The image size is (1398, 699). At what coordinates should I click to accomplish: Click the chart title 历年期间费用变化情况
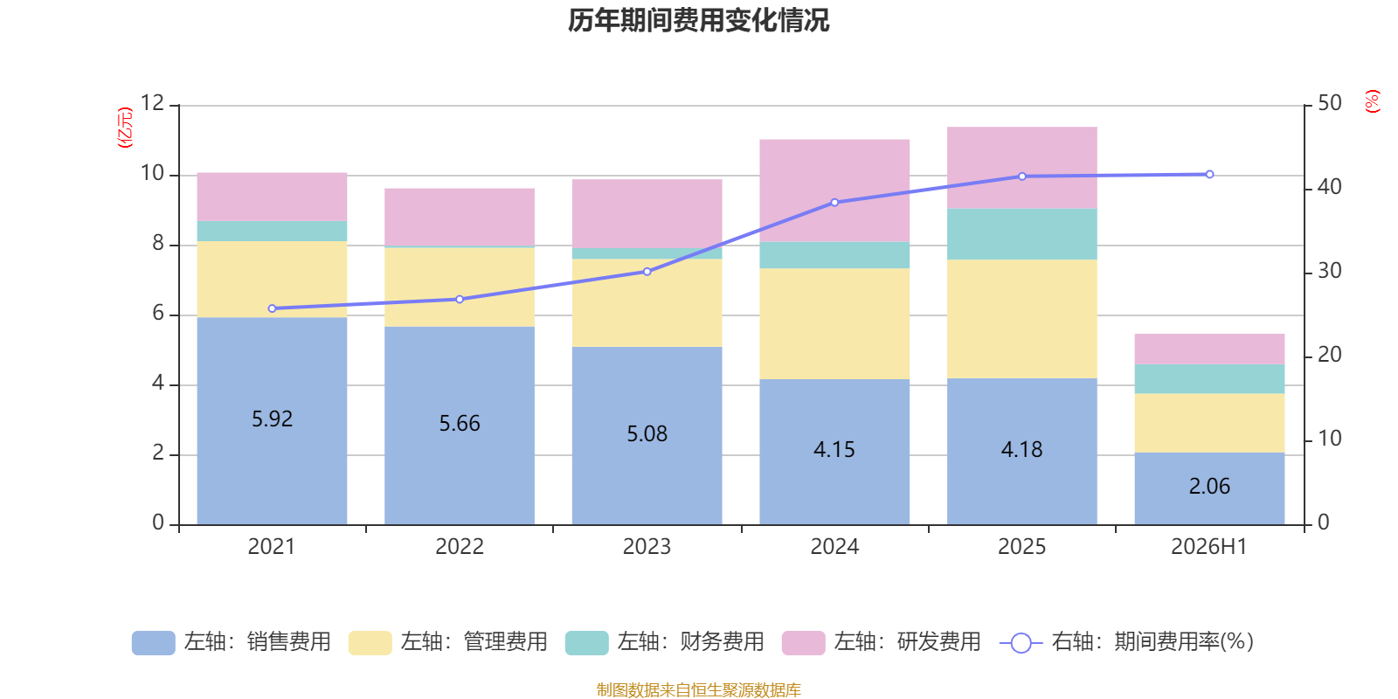(x=698, y=21)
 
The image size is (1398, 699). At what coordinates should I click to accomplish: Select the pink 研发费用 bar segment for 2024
(x=834, y=190)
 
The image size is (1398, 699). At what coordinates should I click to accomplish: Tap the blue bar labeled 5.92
(x=272, y=421)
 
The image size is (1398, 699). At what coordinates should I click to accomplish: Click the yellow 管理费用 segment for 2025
(x=1021, y=319)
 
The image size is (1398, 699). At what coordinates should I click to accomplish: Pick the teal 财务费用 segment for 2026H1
(x=1209, y=379)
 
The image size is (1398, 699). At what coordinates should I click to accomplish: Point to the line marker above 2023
(x=647, y=272)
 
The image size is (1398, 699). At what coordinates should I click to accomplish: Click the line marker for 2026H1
(x=1209, y=175)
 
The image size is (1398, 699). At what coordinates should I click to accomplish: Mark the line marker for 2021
(x=272, y=309)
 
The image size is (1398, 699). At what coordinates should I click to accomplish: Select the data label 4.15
(x=834, y=449)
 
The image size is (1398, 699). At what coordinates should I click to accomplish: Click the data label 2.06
(x=1209, y=486)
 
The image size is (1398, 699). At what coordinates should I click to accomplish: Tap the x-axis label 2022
(x=460, y=547)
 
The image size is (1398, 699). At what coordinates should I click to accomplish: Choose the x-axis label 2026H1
(x=1209, y=547)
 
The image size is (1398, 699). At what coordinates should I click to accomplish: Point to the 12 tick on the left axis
(x=152, y=103)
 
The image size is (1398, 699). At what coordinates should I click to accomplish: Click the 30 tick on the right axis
(x=1329, y=271)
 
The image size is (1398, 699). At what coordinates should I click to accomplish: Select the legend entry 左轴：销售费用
(x=232, y=642)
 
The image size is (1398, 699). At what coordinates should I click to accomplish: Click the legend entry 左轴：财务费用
(x=665, y=642)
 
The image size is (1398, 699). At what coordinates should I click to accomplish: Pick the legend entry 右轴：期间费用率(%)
(x=1126, y=642)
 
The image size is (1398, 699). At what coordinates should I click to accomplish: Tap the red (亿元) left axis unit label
(x=126, y=128)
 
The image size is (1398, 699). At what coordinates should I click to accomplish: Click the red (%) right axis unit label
(x=1372, y=101)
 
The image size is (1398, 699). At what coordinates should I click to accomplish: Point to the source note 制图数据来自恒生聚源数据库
(x=698, y=689)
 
